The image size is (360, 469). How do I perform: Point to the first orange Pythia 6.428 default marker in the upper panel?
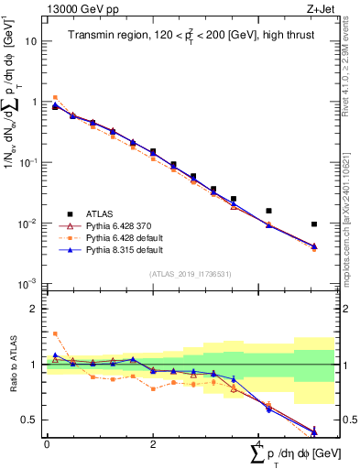coord(55,97)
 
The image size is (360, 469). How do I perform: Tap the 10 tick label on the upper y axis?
coord(31,41)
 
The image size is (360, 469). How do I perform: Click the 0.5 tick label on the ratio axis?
coord(29,420)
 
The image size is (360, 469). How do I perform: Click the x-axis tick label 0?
coord(47,443)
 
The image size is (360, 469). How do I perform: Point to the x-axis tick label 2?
coord(153,443)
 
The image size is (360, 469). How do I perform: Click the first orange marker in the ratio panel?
coord(55,333)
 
